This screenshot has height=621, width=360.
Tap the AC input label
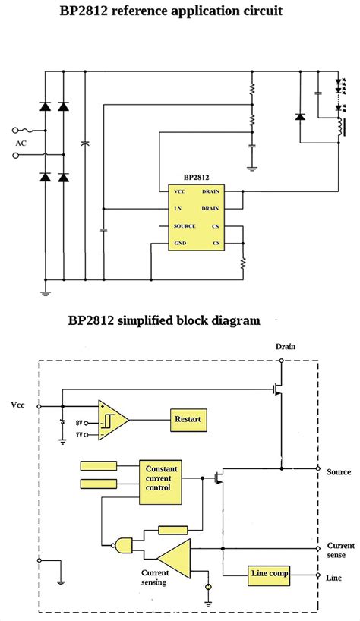pyautogui.click(x=21, y=143)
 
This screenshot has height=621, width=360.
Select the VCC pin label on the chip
pyautogui.click(x=179, y=191)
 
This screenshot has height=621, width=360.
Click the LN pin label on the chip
pyautogui.click(x=178, y=208)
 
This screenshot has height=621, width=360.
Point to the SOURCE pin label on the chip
pyautogui.click(x=185, y=225)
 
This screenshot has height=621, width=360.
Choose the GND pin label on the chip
pyautogui.click(x=179, y=243)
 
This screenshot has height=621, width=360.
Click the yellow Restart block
pyautogui.click(x=188, y=418)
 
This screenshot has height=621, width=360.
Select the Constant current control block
pyautogui.click(x=160, y=483)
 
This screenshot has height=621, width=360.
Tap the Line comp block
pyautogui.click(x=270, y=574)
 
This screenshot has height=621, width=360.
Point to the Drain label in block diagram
pyautogui.click(x=286, y=346)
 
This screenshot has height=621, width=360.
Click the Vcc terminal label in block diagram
pyautogui.click(x=17, y=405)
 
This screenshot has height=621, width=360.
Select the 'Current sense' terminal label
pyautogui.click(x=340, y=550)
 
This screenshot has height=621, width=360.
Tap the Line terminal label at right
pyautogui.click(x=334, y=578)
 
